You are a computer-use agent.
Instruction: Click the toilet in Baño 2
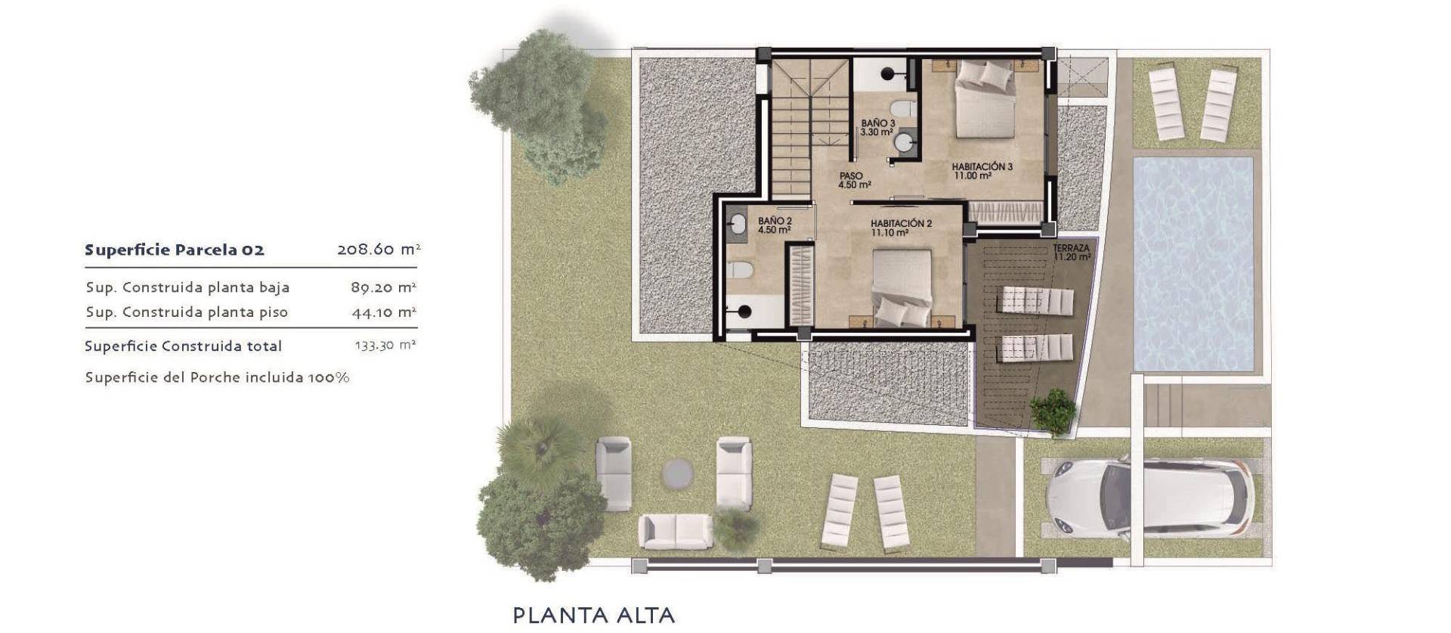point(741,269)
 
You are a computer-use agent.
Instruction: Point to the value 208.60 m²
point(378,250)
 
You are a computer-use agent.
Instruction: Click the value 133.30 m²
point(385,346)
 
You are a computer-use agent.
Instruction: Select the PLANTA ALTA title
point(593,615)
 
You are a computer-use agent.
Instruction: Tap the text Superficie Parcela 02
point(175,250)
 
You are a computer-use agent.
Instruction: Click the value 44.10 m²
point(383,312)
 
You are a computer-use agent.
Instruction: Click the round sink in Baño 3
point(902,142)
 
